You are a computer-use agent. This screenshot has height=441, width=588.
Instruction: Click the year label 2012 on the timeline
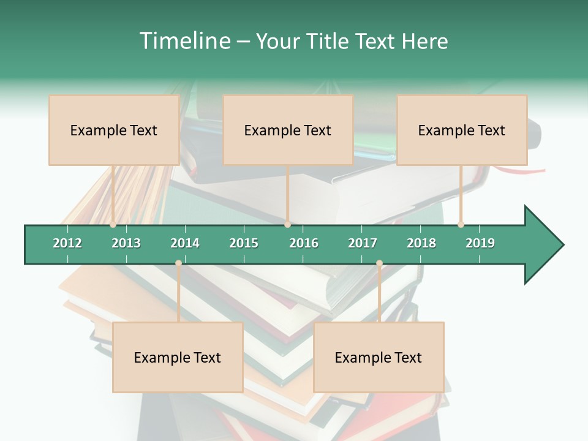click(67, 243)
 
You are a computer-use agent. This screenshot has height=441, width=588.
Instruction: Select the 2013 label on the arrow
click(126, 243)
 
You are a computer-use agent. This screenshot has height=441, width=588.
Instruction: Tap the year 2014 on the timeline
click(185, 243)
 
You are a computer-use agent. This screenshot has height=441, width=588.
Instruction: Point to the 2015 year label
click(244, 243)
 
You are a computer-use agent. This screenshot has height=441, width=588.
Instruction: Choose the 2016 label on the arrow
click(304, 243)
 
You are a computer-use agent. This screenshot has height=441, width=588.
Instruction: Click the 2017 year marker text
click(363, 243)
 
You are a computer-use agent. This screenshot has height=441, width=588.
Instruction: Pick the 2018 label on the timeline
click(421, 243)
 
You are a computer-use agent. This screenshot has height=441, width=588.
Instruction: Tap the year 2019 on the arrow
click(480, 243)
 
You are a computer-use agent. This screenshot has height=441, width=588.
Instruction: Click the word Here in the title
click(424, 41)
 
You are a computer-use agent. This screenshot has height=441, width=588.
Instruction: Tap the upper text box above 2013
click(114, 130)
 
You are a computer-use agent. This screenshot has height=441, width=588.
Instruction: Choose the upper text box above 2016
click(288, 130)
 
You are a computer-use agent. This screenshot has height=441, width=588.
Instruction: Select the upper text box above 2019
click(462, 130)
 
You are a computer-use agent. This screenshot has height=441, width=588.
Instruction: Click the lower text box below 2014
click(178, 357)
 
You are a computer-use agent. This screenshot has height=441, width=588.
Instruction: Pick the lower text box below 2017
click(379, 357)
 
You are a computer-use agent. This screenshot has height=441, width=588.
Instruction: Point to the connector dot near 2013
click(113, 225)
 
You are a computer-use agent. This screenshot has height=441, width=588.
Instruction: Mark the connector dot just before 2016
click(287, 225)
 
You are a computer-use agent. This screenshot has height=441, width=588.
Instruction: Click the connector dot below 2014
click(178, 263)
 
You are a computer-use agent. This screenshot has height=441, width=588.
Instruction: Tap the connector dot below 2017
click(379, 263)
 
